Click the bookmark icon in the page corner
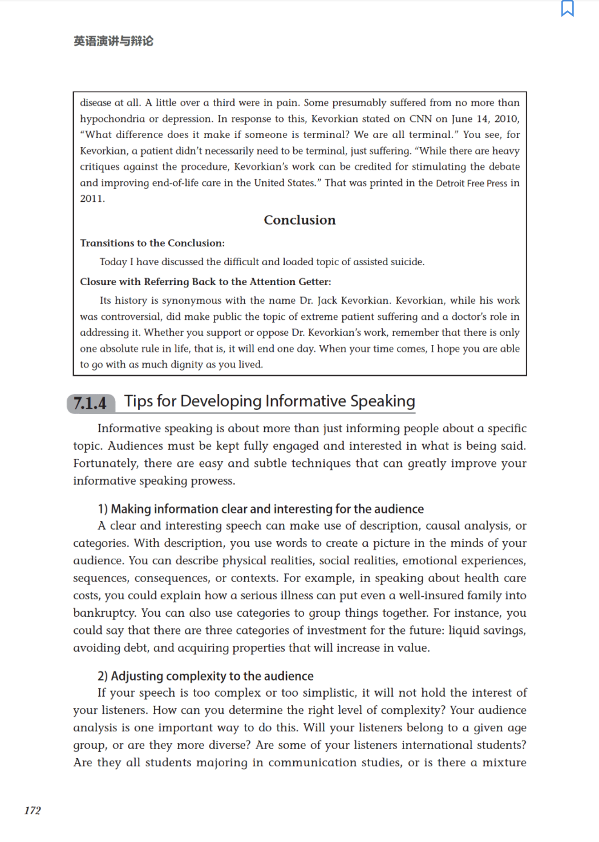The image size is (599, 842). pos(567,9)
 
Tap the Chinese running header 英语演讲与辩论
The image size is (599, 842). pos(114,41)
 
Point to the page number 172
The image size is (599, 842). pos(33,810)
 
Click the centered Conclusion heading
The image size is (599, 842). pos(299,220)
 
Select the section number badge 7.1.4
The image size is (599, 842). pos(90,403)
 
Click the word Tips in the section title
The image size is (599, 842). pos(139,401)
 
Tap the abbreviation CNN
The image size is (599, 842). pos(420,119)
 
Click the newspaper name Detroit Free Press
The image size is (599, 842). pos(471,183)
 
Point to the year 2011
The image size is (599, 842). pos(92,198)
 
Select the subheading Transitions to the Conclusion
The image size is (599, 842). pos(152,243)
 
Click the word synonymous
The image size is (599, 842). pos(192,300)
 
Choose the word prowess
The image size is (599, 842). pos(212,481)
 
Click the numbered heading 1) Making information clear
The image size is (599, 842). pos(261,509)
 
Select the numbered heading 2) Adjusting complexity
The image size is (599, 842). pos(205,676)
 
